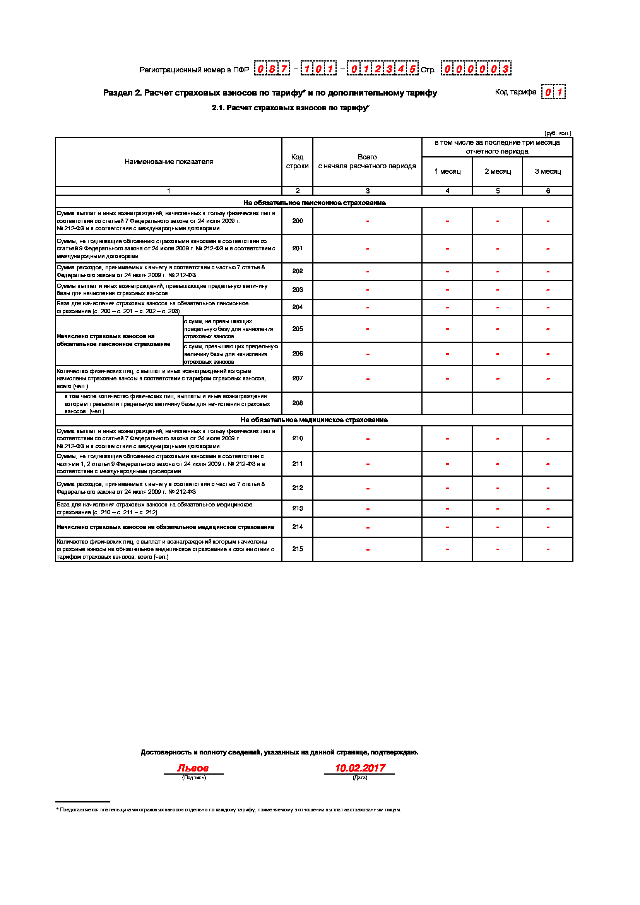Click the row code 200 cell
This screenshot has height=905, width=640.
pyautogui.click(x=297, y=221)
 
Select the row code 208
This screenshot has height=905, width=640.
pyautogui.click(x=297, y=403)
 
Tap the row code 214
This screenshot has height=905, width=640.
pyautogui.click(x=297, y=527)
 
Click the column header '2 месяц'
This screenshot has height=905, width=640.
pyautogui.click(x=497, y=171)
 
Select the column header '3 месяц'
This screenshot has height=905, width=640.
pyautogui.click(x=548, y=171)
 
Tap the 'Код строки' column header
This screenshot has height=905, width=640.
pyautogui.click(x=297, y=162)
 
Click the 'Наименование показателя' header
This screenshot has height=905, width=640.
pyautogui.click(x=169, y=162)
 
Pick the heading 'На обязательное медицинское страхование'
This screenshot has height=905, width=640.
pyautogui.click(x=314, y=420)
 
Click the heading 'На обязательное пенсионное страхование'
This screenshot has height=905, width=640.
pyautogui.click(x=314, y=203)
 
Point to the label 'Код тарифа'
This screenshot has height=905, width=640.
pyautogui.click(x=515, y=92)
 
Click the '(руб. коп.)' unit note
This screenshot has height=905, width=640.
pyautogui.click(x=557, y=133)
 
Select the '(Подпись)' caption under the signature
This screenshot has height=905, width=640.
pyautogui.click(x=193, y=778)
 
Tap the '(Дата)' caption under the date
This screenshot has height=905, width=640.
pyautogui.click(x=360, y=778)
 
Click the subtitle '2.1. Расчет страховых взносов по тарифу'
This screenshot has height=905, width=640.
pyautogui.click(x=290, y=108)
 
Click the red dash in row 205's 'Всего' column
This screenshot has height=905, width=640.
pyautogui.click(x=367, y=329)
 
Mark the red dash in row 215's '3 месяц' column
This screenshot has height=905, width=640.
pyautogui.click(x=548, y=549)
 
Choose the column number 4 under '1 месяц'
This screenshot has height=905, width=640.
pyautogui.click(x=447, y=191)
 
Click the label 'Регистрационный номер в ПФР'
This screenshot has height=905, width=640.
pyautogui.click(x=194, y=70)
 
